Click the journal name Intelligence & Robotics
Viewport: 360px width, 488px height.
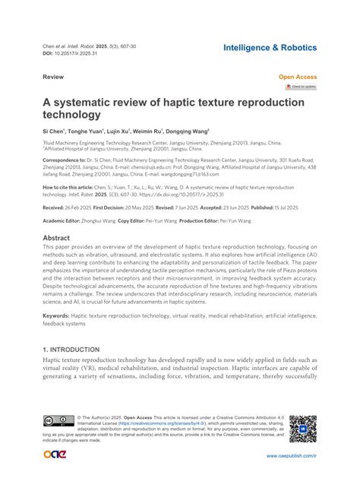click(270, 48)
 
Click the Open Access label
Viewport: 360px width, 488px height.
click(298, 78)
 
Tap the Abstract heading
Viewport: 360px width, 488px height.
click(57, 237)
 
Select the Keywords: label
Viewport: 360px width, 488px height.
click(61, 314)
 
